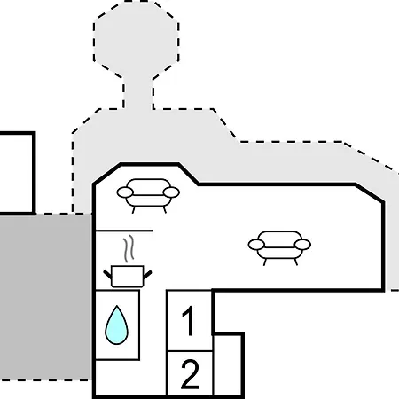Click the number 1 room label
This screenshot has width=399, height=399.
tap(189, 321)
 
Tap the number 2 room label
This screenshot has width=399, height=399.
tap(190, 374)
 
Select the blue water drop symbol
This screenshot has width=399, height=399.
tap(117, 325)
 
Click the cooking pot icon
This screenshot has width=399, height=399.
tap(128, 277)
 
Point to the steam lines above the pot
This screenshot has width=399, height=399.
tap(129, 249)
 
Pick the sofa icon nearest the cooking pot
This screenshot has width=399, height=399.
tap(148, 196)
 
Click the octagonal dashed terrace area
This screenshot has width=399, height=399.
tap(137, 41)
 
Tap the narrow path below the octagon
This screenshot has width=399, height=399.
tap(138, 94)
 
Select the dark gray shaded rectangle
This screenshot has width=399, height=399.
tap(45, 297)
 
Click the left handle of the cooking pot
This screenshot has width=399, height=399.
tap(107, 274)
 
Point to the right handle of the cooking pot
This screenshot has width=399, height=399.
tap(147, 275)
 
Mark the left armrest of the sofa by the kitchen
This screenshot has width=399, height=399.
tap(125, 192)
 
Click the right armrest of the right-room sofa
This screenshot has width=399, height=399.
tap(302, 245)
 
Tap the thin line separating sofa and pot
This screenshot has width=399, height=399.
tap(124, 231)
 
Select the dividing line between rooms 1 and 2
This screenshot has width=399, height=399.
tap(190, 351)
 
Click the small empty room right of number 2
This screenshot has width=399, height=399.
tap(228, 365)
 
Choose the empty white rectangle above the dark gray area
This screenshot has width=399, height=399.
tap(17, 174)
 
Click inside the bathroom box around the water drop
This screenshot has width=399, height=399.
tap(117, 325)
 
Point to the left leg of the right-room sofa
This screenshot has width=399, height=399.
tap(265, 262)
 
